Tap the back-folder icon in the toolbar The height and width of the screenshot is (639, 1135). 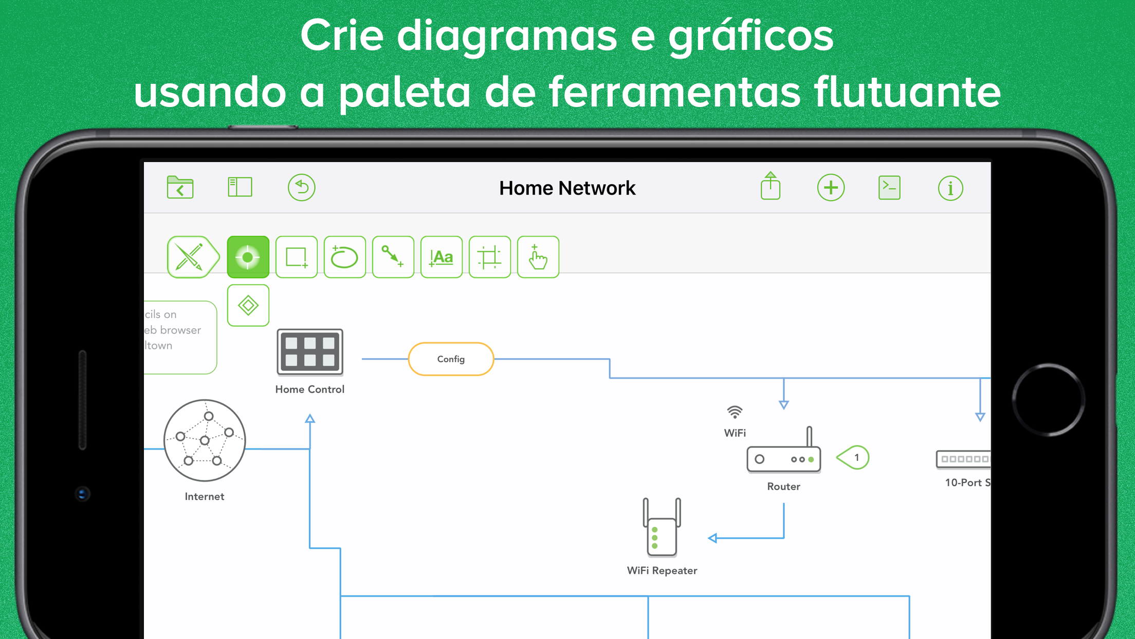pos(180,187)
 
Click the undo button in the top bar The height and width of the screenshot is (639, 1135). pos(301,187)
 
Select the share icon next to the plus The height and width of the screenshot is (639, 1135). pos(770,186)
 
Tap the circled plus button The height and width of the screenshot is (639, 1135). pos(831,188)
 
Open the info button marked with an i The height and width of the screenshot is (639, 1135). pos(950,188)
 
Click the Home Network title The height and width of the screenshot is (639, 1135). pos(567,188)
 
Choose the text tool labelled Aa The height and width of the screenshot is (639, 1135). pos(442,257)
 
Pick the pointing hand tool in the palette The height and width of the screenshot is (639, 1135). pos(538,257)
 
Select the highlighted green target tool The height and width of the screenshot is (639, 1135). pos(248,257)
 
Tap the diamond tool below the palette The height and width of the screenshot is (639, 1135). pos(248,306)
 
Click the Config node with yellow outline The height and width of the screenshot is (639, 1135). pos(451,359)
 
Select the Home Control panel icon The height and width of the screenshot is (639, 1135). pos(310,352)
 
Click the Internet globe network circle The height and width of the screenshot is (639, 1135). pos(205,440)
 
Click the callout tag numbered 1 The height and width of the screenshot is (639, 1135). pos(854,457)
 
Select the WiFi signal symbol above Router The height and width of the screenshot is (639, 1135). pos(735,412)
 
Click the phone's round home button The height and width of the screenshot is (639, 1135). pos(1048,400)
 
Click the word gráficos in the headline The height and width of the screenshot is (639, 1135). pos(750,36)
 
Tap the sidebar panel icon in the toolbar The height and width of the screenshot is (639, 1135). pos(240,187)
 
